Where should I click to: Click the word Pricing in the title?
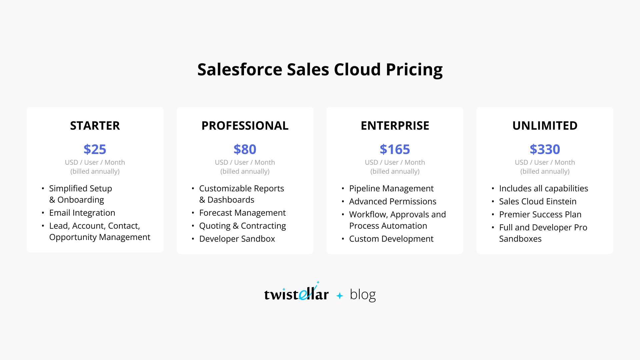point(414,70)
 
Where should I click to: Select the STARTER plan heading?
point(95,126)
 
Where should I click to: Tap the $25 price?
point(95,149)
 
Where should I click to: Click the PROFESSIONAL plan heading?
point(245,126)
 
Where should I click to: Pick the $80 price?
point(245,149)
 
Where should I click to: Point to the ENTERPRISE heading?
point(395,126)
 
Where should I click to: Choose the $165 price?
point(395,149)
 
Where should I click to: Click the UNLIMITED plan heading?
point(545,126)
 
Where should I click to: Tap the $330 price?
point(545,149)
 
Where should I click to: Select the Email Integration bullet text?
point(82,213)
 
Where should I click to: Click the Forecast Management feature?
point(242,213)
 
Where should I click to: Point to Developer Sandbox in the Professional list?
point(237,239)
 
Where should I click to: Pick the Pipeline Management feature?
point(391,189)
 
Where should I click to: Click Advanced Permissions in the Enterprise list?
point(393,202)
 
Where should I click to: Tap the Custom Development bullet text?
point(391,239)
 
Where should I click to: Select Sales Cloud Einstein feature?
point(538,202)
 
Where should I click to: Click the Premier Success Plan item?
point(540,215)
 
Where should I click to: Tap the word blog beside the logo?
point(363,295)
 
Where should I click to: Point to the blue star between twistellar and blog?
point(340,296)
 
